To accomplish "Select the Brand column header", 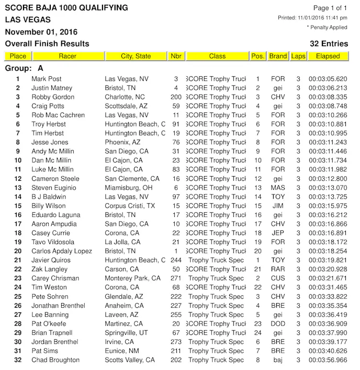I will pyautogui.click(x=278, y=56).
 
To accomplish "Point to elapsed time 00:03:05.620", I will pyautogui.click(x=328, y=79).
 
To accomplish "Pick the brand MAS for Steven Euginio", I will pyautogui.click(x=278, y=188).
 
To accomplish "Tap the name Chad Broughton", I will pyautogui.click(x=55, y=360).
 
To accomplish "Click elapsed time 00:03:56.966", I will pyautogui.click(x=328, y=360).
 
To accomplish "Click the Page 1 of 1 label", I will pyautogui.click(x=330, y=8).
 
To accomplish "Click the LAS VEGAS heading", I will pyautogui.click(x=28, y=20).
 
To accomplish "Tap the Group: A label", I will pyautogui.click(x=24, y=68).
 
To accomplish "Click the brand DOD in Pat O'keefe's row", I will pyautogui.click(x=278, y=324).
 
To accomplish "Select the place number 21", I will pyautogui.click(x=18, y=260).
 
